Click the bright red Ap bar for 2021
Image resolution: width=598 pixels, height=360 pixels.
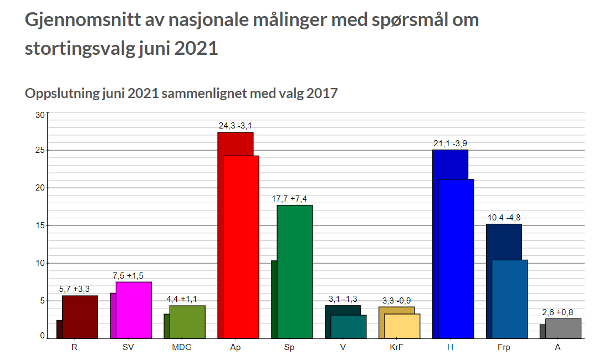(x=241, y=246)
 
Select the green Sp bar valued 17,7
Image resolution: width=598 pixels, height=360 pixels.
(x=295, y=271)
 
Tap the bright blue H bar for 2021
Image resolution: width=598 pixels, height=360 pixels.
(x=456, y=258)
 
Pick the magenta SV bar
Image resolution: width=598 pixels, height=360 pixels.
(x=134, y=310)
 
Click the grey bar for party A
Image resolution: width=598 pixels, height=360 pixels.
(x=563, y=328)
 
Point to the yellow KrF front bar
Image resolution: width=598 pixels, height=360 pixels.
(x=402, y=326)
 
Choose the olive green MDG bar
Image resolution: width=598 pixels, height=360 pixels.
(x=187, y=322)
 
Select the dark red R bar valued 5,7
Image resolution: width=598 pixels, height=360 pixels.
(x=80, y=317)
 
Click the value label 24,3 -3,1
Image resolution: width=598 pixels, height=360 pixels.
(x=236, y=126)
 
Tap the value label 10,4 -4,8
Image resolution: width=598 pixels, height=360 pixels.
(x=504, y=217)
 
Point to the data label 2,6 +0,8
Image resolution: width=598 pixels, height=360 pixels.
(x=558, y=312)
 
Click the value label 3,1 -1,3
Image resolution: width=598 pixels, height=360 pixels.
(x=343, y=299)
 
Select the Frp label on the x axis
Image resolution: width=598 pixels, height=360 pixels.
(x=504, y=348)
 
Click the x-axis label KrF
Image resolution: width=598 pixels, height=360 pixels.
(x=397, y=348)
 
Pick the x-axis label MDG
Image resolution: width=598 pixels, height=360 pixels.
(x=182, y=348)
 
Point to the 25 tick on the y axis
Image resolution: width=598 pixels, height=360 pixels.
(x=40, y=150)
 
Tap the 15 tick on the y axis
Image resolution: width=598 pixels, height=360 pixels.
(x=40, y=225)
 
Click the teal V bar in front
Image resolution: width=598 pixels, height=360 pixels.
(x=349, y=326)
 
